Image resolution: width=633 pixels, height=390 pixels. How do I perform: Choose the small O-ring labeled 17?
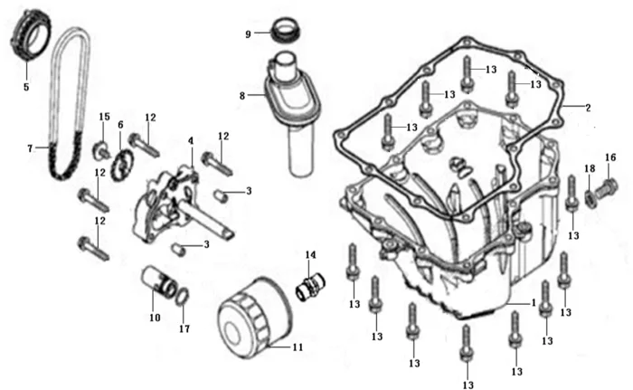tap(182, 298)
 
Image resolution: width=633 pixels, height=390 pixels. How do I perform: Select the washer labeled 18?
tap(590, 195)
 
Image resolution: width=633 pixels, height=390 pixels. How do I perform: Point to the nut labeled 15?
tap(102, 148)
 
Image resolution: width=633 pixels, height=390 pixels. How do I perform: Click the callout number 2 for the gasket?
tap(588, 108)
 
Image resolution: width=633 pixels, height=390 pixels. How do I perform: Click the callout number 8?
tap(242, 95)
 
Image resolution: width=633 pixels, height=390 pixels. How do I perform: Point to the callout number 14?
tap(310, 255)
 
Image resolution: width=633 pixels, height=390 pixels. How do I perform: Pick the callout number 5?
tap(26, 88)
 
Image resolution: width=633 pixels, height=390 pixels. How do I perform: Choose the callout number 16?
tap(610, 157)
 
